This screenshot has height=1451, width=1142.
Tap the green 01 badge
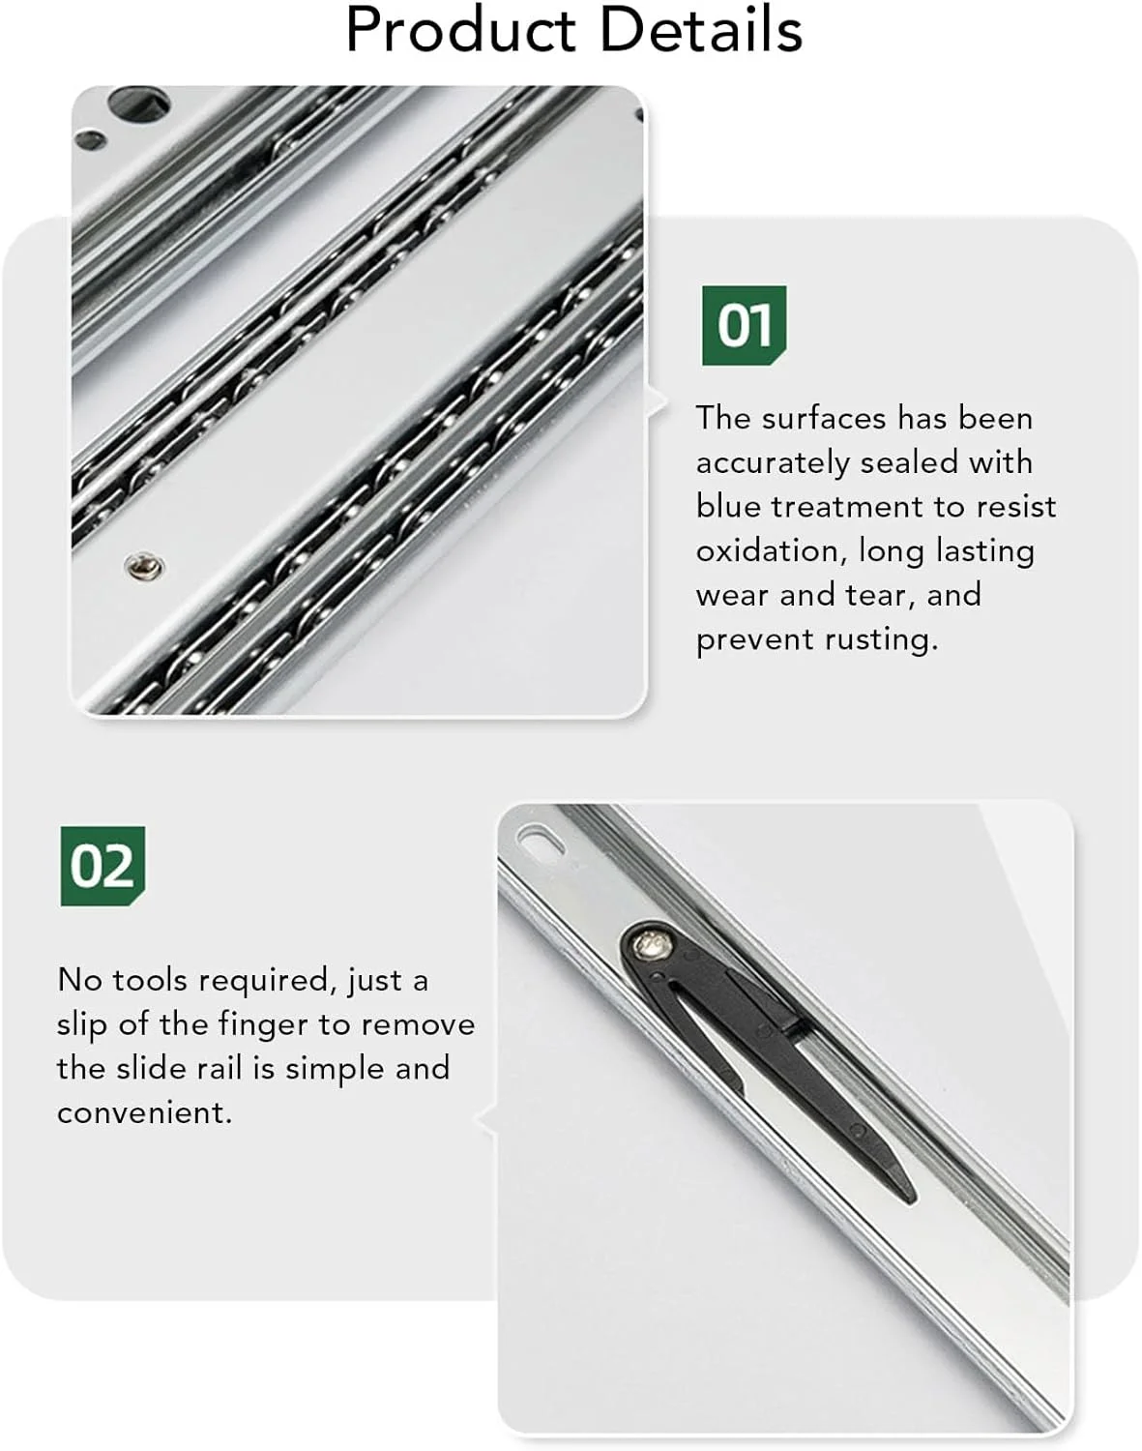coord(745,325)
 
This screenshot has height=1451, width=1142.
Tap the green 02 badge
coord(102,866)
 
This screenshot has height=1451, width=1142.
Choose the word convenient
coord(143,1113)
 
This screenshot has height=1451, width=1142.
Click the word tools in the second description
coord(149,980)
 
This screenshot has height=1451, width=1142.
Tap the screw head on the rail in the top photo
coord(144,566)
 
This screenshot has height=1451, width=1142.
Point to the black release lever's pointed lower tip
coord(912,1199)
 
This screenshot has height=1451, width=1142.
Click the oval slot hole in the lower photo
coord(542,840)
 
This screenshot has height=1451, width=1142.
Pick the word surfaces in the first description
coord(824,418)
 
